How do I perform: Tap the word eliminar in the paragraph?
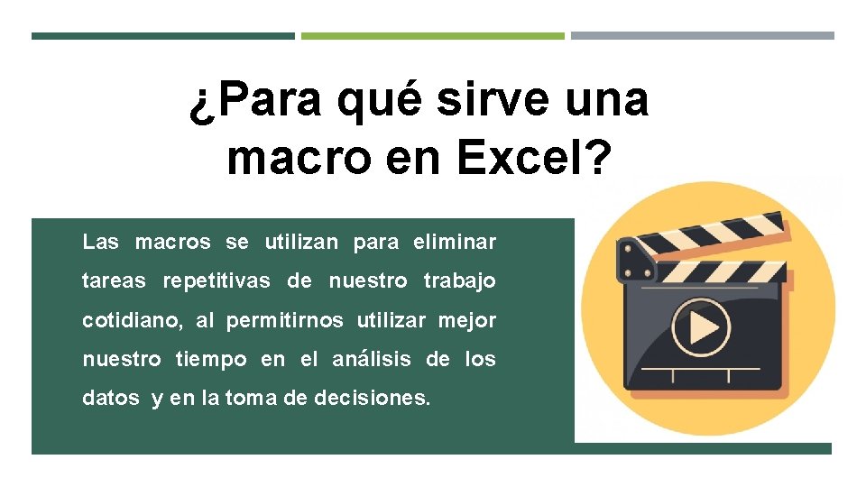[455, 242]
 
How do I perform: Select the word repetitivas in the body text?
[216, 280]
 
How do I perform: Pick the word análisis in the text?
[372, 359]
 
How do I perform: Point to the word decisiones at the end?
[373, 398]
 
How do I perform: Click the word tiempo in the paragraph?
[211, 360]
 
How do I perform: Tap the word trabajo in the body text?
[459, 280]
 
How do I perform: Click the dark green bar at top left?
[162, 36]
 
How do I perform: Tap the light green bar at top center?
[432, 36]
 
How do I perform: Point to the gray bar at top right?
[702, 36]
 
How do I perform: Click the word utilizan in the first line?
[301, 242]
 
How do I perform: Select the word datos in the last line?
[111, 398]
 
